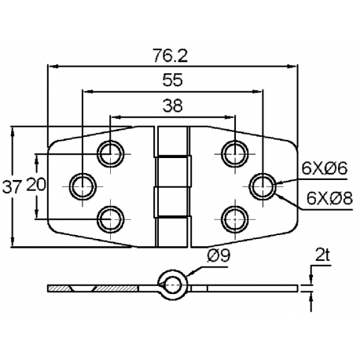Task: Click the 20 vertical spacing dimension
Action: [36, 186]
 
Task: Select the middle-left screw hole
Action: [81, 186]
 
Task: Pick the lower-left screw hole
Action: [109, 218]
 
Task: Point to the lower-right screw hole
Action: [233, 218]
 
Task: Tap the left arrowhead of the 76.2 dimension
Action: [52, 67]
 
